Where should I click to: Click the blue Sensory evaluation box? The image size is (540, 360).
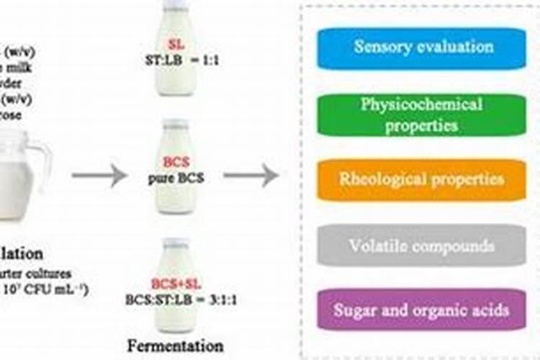(x=423, y=48)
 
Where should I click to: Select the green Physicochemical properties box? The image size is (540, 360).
(x=423, y=114)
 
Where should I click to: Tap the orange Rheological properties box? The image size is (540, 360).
(x=423, y=179)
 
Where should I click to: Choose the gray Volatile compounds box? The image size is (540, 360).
(x=423, y=246)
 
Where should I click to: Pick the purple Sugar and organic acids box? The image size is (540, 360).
(x=423, y=311)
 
